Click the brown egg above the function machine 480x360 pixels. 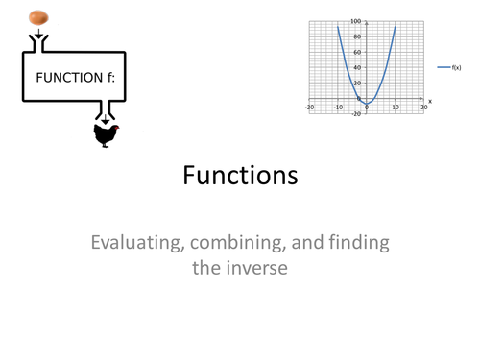coord(37,16)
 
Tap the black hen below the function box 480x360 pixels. coord(106,135)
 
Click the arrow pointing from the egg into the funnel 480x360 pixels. coord(37,36)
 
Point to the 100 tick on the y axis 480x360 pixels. coord(355,21)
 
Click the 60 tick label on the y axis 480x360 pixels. coord(357,52)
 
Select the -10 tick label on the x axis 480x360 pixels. coord(336,108)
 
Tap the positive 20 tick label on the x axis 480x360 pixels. coord(423,108)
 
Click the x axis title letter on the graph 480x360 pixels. coord(429,101)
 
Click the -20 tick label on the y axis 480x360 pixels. coord(356,114)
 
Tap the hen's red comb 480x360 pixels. coord(116,128)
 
